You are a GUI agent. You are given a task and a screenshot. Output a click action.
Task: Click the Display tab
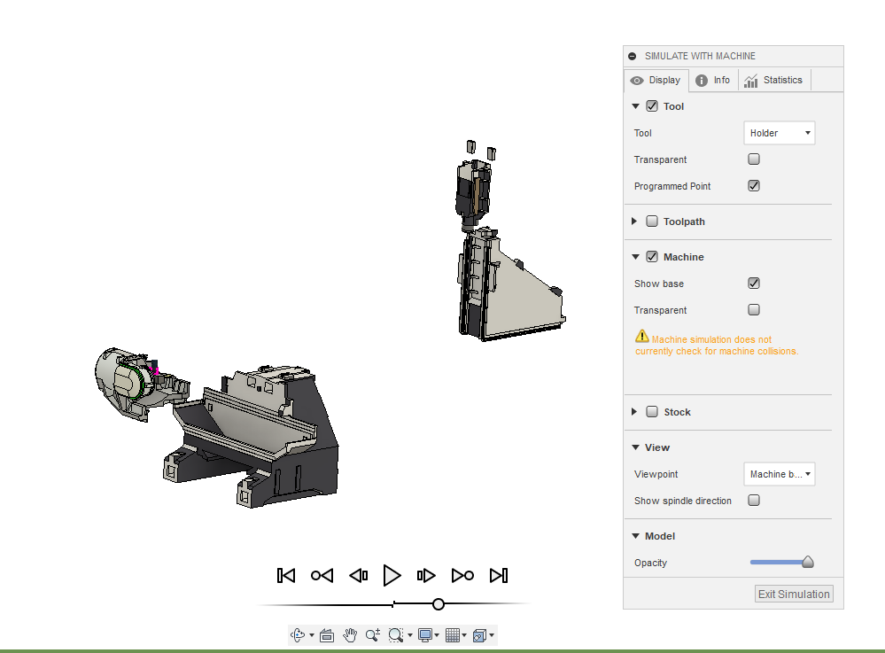656,80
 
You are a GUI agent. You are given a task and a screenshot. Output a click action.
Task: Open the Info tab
713,80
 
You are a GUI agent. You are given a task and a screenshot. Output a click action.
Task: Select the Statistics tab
773,80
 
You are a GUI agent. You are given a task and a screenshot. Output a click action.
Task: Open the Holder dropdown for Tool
779,133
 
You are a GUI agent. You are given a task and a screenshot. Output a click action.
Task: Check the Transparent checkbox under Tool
754,159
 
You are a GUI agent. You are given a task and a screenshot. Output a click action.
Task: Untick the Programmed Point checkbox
754,186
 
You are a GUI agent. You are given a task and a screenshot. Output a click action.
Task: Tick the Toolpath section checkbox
652,222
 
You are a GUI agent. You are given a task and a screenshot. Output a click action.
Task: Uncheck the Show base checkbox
754,284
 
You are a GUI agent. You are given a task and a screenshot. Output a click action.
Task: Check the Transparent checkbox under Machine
754,310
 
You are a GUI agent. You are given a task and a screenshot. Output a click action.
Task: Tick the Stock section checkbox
652,412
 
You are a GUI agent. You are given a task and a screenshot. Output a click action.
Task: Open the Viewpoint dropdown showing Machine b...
779,474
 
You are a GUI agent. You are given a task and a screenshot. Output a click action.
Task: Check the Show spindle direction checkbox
754,501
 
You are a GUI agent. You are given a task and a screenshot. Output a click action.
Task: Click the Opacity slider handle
807,562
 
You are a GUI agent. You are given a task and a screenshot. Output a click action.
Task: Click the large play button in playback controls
392,576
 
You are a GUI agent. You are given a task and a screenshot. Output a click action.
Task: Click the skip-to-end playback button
499,576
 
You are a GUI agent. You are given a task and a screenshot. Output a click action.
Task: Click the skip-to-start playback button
285,576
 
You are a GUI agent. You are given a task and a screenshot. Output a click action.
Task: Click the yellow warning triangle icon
642,337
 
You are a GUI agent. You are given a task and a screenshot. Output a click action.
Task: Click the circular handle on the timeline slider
439,604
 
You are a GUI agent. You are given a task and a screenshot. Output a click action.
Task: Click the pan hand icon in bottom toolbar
350,634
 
